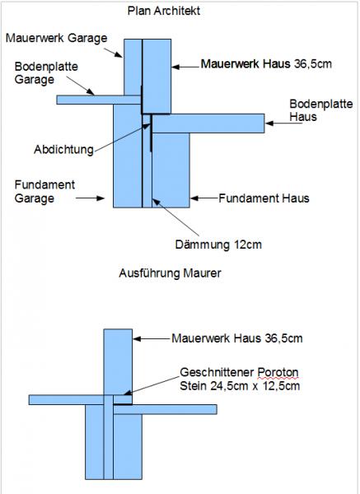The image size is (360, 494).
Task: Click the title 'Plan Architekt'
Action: [164, 11]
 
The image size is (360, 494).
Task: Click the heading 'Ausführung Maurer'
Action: [170, 273]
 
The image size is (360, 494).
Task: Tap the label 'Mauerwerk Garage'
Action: [56, 38]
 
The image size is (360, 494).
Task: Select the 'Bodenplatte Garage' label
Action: [46, 72]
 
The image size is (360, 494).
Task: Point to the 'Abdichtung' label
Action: [63, 149]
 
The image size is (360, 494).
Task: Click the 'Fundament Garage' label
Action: [44, 192]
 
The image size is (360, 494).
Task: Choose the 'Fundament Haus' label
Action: [264, 198]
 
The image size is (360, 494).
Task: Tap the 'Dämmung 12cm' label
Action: [218, 245]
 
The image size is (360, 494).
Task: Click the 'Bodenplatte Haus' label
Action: [321, 110]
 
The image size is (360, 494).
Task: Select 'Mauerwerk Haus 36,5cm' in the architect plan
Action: [266, 64]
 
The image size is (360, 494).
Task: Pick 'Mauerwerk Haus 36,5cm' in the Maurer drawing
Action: [237, 338]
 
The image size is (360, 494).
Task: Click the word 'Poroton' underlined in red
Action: [278, 372]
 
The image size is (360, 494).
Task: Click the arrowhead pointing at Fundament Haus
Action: [194, 198]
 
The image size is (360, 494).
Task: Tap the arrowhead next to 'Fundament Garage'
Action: [101, 198]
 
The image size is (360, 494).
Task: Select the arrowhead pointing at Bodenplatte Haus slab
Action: [269, 123]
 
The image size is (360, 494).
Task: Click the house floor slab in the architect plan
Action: [208, 123]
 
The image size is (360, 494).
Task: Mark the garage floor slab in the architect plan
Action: [99, 100]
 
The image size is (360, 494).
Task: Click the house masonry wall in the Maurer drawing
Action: [118, 362]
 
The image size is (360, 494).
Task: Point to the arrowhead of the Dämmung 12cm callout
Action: [156, 203]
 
